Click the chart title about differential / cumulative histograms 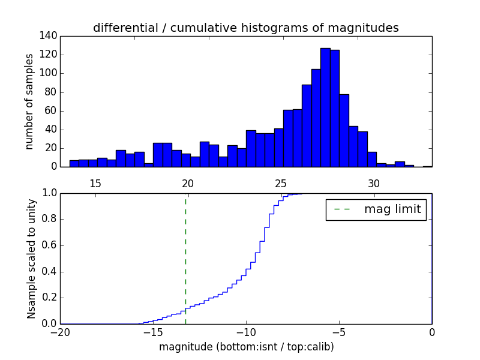(245, 28)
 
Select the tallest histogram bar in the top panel (325, 108)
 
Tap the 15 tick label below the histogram (95, 184)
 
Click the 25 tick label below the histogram (281, 184)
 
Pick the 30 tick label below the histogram (374, 184)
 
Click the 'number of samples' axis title (29, 101)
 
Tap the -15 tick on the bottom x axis (153, 332)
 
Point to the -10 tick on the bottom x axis (246, 332)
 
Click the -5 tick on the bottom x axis (339, 332)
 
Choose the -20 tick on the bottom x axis (60, 332)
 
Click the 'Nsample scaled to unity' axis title (31, 258)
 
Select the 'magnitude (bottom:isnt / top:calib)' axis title (246, 347)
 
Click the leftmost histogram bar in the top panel (74, 163)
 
